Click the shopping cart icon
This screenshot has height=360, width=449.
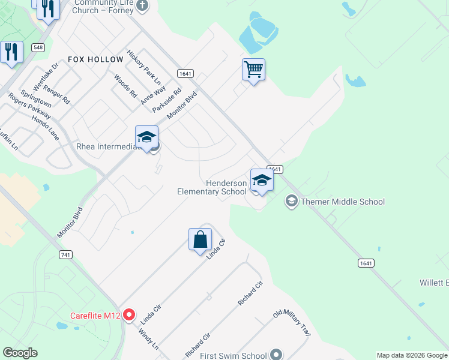[x=253, y=70]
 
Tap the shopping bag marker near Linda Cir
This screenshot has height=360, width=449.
[x=200, y=239]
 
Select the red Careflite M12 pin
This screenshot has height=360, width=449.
[x=128, y=316]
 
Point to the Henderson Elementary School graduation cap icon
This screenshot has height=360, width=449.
[x=262, y=179]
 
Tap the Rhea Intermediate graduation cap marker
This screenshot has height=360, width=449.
[x=146, y=137]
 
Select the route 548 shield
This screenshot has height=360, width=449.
[x=38, y=47]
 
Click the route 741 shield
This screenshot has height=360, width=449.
[x=66, y=254]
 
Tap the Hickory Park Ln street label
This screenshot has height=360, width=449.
[x=144, y=67]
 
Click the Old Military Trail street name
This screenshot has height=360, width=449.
[x=292, y=322]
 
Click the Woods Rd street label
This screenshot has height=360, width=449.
[x=125, y=86]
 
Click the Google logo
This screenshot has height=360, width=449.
[x=20, y=353]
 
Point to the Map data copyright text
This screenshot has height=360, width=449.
[x=412, y=355]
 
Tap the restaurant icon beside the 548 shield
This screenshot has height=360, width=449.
[x=11, y=52]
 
